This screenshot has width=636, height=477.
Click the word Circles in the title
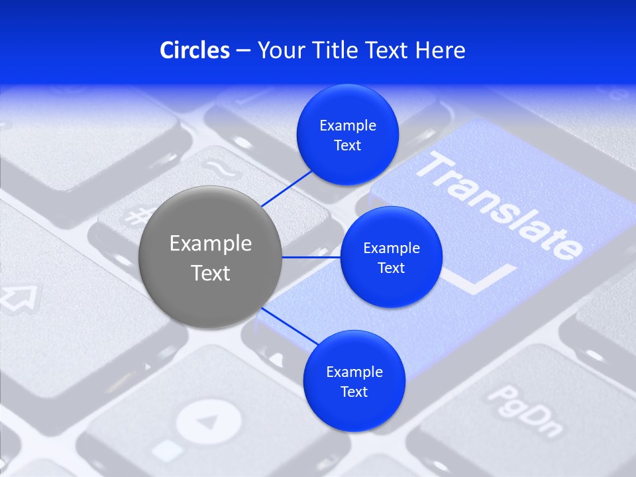point(195,50)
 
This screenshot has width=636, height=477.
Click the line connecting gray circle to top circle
point(288,188)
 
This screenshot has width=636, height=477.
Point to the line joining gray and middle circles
point(311,257)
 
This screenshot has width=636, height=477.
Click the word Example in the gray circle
point(211,244)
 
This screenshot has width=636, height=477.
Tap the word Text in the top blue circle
point(348,145)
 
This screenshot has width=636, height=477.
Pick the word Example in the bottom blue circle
point(354,372)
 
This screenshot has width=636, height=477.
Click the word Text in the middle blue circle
point(392,268)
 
